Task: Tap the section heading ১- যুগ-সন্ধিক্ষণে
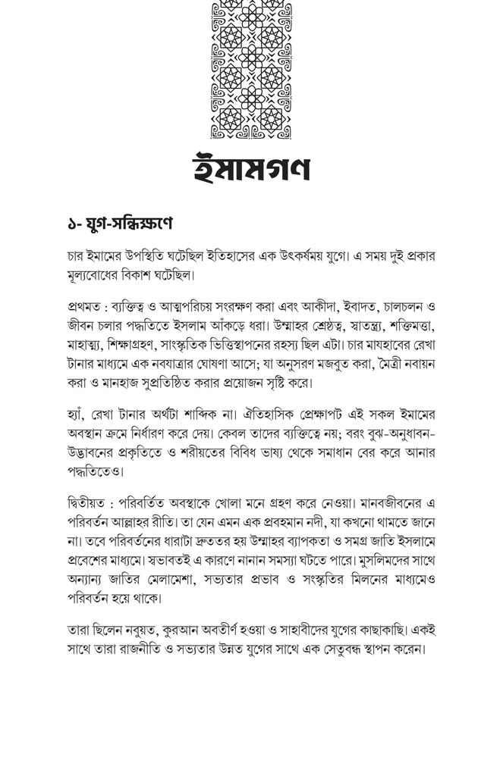[x=120, y=224]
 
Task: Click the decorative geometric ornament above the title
[x=251, y=70]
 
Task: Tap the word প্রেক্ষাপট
[x=342, y=415]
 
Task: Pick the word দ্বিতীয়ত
[x=87, y=504]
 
